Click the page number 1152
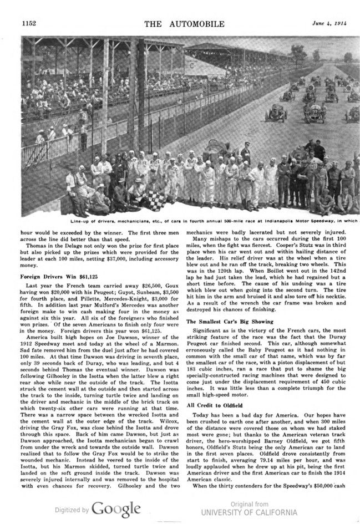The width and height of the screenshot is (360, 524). tap(28, 24)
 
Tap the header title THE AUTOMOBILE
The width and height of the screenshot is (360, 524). tap(184, 24)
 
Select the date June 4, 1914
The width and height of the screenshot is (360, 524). tap(327, 23)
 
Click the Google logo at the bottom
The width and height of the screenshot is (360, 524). tap(116, 508)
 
